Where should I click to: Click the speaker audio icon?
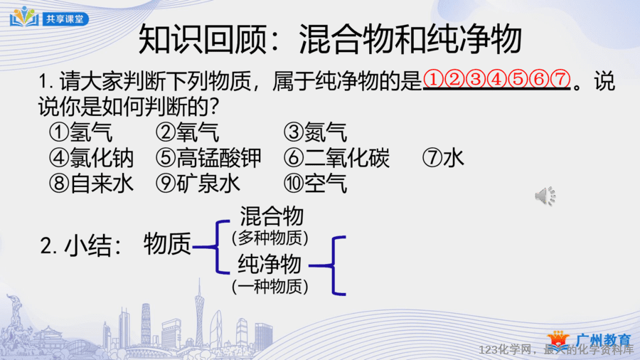coord(545,196)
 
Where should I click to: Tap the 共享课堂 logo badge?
coord(49,17)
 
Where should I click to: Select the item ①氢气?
coord(80,132)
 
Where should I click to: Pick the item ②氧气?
coord(187,132)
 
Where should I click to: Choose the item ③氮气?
coord(316,132)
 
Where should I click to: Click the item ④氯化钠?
coord(91,158)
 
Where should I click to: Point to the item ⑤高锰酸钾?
coord(208,158)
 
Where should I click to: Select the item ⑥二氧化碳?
coord(337,158)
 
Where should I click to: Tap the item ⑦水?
coord(443,158)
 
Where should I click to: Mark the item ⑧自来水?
coord(91,184)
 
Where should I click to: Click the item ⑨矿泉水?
coord(198,184)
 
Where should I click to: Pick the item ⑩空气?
coord(316,184)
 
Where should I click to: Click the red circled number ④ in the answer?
coord(497,79)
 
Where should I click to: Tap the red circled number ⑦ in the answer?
coord(560,79)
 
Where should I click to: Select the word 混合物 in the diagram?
coord(272,216)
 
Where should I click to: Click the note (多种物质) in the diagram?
coord(270,238)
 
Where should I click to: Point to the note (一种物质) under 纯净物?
coord(270,287)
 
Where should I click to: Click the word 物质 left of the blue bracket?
coord(167,244)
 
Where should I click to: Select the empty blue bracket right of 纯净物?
coord(334,265)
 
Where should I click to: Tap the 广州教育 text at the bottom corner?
coord(604,339)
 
